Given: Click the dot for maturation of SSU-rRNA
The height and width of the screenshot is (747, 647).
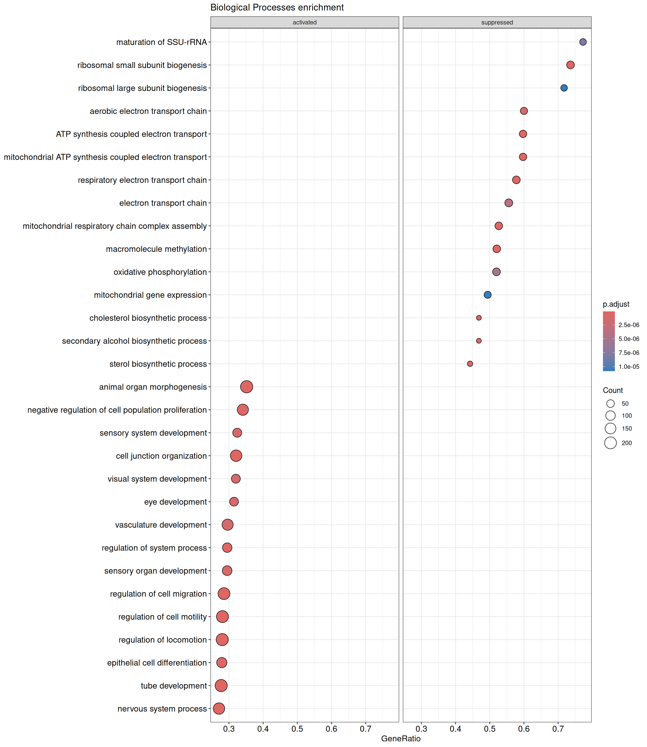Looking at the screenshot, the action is pyautogui.click(x=583, y=42).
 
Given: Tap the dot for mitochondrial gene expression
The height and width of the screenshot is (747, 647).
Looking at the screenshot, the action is pyautogui.click(x=487, y=295).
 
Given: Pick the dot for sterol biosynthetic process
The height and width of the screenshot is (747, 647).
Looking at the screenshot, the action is pyautogui.click(x=470, y=364).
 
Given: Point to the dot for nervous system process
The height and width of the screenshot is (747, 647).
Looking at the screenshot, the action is pyautogui.click(x=219, y=708).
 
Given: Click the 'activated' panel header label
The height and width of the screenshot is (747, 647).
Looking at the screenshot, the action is pyautogui.click(x=305, y=22).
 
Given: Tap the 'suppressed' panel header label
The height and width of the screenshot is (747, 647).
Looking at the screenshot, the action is pyautogui.click(x=497, y=22).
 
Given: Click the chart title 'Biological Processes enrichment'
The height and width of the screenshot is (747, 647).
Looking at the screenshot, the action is pyautogui.click(x=277, y=8).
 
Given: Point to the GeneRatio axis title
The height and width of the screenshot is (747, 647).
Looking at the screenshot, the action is pyautogui.click(x=401, y=738).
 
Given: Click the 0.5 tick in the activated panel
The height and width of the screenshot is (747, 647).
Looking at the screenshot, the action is pyautogui.click(x=297, y=729).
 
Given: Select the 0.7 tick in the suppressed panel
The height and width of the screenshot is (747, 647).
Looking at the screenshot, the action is pyautogui.click(x=558, y=729).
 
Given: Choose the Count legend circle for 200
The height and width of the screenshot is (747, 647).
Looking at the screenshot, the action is pyautogui.click(x=610, y=442).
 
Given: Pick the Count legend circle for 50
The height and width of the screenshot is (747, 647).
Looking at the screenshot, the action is pyautogui.click(x=610, y=404).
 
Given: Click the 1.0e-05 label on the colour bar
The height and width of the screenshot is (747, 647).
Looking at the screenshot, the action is pyautogui.click(x=629, y=367).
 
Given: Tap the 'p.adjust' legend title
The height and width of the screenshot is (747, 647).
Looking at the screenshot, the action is pyautogui.click(x=616, y=304).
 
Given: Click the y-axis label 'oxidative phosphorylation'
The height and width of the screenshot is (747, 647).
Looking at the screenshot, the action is pyautogui.click(x=160, y=272).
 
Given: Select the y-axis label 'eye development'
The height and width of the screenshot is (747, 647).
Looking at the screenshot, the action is pyautogui.click(x=175, y=502).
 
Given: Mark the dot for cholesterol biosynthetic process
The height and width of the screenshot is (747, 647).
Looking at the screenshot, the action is pyautogui.click(x=479, y=318).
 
